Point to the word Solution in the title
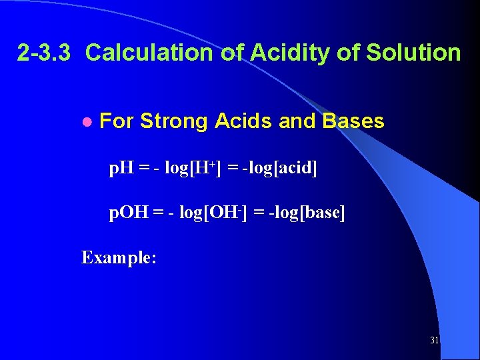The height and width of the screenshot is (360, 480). point(418,53)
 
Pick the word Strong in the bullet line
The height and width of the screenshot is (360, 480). point(174,121)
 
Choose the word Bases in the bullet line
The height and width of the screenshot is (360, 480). point(353,121)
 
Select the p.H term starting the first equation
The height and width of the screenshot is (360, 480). point(123,169)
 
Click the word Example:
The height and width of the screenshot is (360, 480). point(119,257)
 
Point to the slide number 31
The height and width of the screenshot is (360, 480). point(435,341)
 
